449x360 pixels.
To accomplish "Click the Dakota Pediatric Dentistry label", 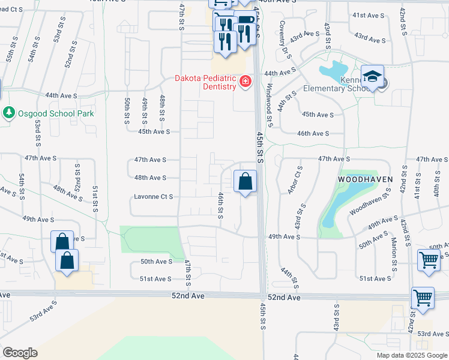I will [x=205, y=82].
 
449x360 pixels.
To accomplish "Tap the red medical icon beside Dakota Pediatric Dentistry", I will [x=245, y=81].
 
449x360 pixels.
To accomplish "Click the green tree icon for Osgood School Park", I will [x=8, y=113].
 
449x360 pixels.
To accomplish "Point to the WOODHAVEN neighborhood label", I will [x=365, y=179].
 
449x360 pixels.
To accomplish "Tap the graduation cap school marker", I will [x=372, y=76].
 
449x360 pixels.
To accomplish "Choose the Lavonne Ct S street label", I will [x=153, y=196].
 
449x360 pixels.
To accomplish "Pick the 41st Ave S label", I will [x=368, y=15].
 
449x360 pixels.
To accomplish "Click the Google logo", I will [x=20, y=353].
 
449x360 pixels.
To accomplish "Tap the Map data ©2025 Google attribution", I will [x=411, y=355].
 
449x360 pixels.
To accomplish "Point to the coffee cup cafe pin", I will [x=245, y=25].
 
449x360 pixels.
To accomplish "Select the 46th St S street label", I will [x=220, y=205].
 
